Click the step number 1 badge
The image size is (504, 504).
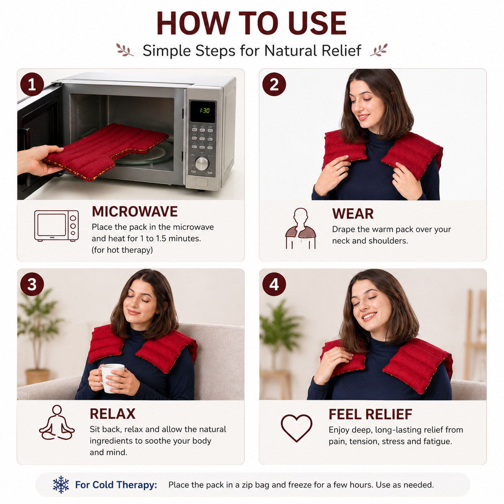[x=32, y=84]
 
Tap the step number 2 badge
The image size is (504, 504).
[x=274, y=84]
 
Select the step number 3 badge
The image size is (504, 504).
[x=32, y=284]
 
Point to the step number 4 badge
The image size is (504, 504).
[x=274, y=284]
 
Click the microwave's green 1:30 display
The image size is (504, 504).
[x=205, y=111]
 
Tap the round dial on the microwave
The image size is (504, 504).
[x=202, y=164]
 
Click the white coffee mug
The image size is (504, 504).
[x=111, y=378]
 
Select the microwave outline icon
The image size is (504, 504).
[x=57, y=226]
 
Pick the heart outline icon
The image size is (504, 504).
[x=296, y=428]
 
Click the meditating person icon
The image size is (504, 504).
[x=57, y=423]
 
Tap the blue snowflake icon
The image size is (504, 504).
[x=61, y=485]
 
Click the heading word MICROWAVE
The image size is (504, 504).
[x=135, y=211]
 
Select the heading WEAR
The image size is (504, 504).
[x=353, y=214]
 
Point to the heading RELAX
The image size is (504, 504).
[x=113, y=414]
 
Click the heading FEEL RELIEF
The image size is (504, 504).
[x=370, y=414]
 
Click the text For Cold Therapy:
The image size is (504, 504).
[x=116, y=485]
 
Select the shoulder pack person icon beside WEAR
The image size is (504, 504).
[x=301, y=228]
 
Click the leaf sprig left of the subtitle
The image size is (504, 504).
[x=125, y=50]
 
